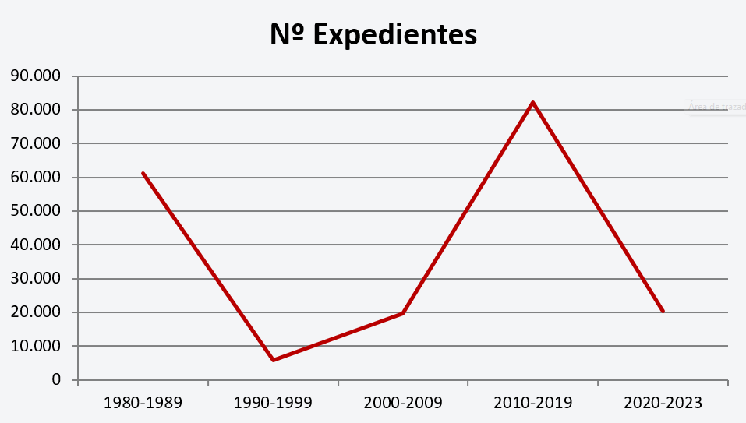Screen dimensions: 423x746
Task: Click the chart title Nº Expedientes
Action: (373, 35)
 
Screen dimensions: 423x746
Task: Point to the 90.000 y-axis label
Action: (35, 76)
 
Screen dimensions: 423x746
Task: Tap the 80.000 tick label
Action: (35, 110)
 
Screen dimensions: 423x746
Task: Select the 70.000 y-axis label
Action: (35, 143)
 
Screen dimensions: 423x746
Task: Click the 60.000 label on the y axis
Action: (35, 178)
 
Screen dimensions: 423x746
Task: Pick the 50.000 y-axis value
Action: (35, 211)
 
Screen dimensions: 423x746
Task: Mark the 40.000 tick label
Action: (35, 245)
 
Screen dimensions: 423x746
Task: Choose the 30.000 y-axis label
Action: (35, 279)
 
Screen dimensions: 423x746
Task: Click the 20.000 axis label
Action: (35, 312)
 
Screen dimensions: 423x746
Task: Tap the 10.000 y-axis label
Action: (35, 346)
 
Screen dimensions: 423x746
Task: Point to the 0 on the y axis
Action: (57, 380)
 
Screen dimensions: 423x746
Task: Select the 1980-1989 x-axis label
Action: (143, 404)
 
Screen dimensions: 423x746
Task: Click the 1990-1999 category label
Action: (273, 404)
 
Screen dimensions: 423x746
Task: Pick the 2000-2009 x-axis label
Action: (403, 404)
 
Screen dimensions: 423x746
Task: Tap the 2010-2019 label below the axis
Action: (533, 404)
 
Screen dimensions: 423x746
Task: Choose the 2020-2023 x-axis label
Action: (663, 404)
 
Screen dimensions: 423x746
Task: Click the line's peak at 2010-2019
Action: (533, 102)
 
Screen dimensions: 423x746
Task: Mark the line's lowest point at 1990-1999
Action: (273, 360)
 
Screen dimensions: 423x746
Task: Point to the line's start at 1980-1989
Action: (143, 173)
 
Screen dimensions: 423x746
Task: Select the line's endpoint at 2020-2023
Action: (663, 312)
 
